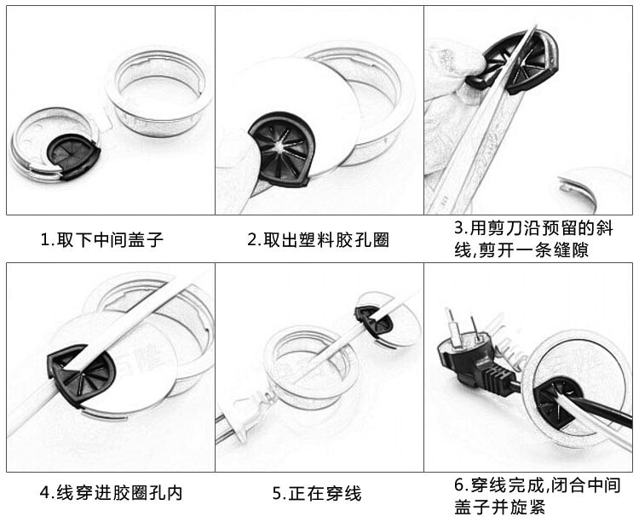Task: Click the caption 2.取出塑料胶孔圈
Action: tap(318, 240)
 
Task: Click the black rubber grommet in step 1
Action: tap(73, 152)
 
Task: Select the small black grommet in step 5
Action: tap(373, 319)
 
